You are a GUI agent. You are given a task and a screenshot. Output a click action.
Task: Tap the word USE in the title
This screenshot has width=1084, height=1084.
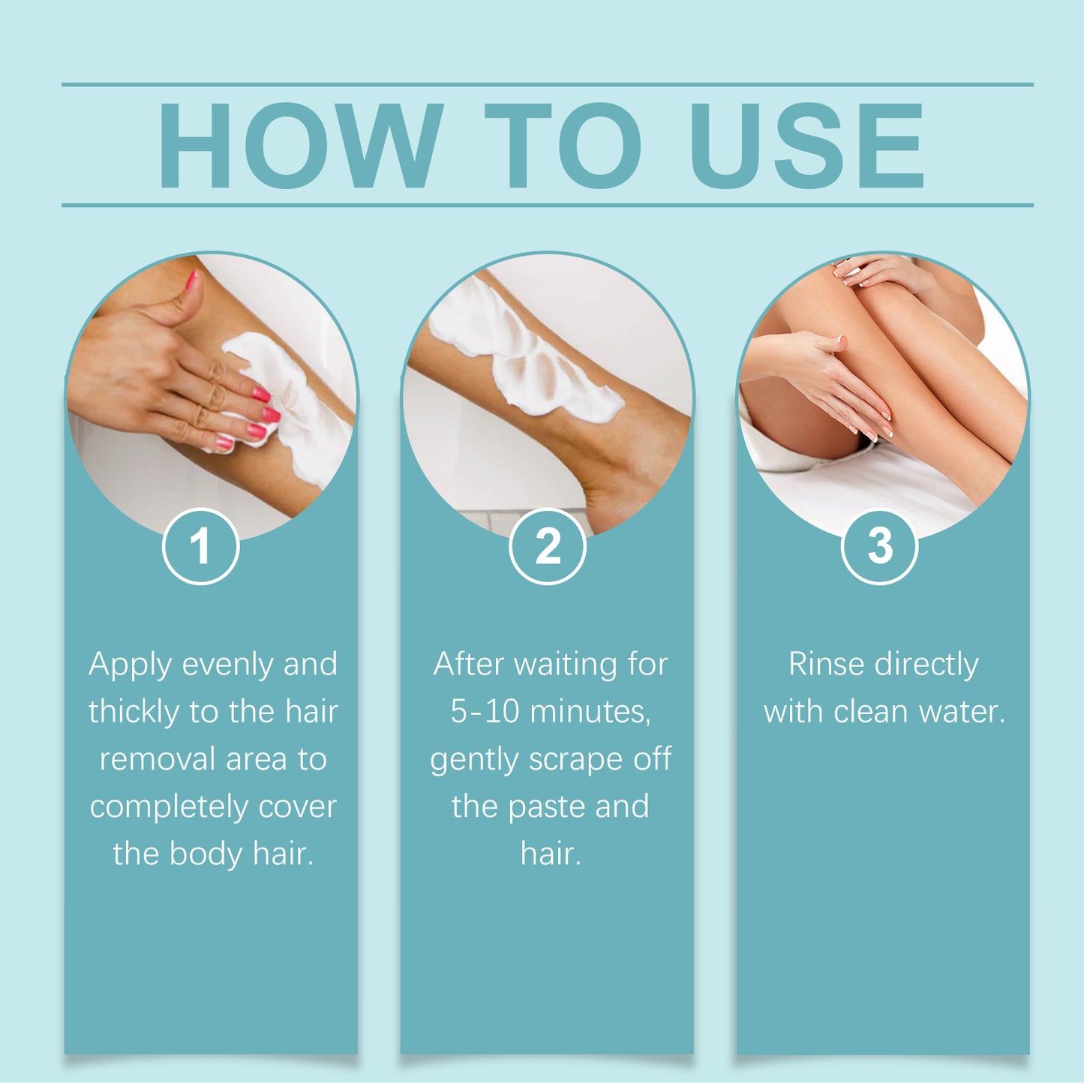(x=806, y=146)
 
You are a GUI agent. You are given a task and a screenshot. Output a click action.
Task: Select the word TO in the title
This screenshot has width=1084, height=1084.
(x=563, y=146)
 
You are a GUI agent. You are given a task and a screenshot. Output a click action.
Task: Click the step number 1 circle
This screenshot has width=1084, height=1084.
(x=200, y=546)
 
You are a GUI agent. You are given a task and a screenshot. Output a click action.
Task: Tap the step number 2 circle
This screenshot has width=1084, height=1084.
(x=548, y=546)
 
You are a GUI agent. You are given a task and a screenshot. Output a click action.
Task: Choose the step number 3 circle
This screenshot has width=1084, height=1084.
(x=879, y=546)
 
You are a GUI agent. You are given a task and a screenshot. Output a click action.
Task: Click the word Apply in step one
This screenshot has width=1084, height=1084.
(x=129, y=665)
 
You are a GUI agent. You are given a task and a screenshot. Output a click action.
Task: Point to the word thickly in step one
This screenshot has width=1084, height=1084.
(x=134, y=712)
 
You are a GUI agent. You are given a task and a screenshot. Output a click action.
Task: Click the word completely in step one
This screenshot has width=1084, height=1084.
(x=168, y=807)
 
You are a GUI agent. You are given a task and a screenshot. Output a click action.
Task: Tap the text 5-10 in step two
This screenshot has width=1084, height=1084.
(x=485, y=712)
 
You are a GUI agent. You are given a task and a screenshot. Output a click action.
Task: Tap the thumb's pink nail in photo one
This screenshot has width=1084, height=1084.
(x=192, y=281)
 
